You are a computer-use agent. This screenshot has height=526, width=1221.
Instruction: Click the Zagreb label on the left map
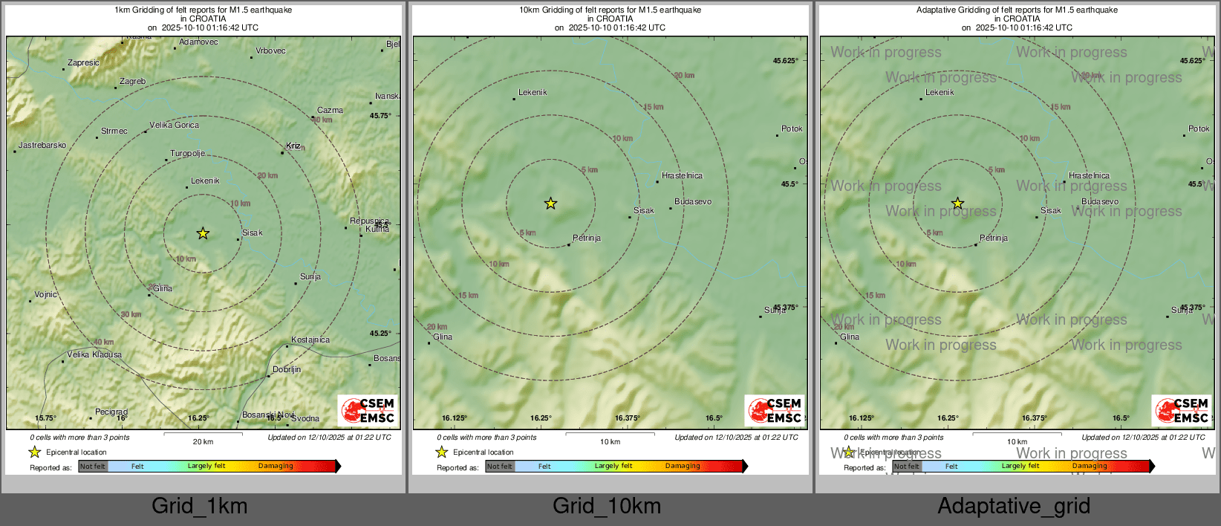click(x=133, y=82)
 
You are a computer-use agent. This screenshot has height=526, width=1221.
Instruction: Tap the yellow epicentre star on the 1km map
click(x=203, y=233)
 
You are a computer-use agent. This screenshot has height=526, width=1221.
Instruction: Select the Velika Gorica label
click(x=175, y=126)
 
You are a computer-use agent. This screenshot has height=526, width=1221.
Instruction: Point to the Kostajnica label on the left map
click(x=310, y=340)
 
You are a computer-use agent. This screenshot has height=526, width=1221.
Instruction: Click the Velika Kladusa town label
click(x=94, y=355)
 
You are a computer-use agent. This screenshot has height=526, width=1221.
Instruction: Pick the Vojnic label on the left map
click(x=45, y=295)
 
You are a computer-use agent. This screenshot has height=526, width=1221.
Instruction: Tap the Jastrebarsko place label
click(x=42, y=146)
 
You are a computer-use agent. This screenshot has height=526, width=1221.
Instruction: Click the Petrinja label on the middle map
click(x=587, y=238)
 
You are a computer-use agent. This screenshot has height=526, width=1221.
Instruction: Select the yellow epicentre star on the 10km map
click(x=550, y=204)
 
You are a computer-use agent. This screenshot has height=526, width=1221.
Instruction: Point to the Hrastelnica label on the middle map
click(x=682, y=176)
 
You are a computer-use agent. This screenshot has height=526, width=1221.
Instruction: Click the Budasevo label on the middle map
click(x=693, y=202)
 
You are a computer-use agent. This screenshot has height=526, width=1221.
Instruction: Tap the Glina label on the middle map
click(x=443, y=337)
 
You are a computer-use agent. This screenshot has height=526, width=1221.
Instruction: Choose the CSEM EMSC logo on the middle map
click(x=775, y=410)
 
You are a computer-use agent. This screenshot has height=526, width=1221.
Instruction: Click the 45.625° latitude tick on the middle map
click(x=786, y=61)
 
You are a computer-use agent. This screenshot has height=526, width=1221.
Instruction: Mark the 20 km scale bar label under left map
click(x=203, y=442)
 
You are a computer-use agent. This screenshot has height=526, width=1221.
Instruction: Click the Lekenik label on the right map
click(x=940, y=93)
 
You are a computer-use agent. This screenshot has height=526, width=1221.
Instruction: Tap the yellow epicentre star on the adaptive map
click(x=957, y=204)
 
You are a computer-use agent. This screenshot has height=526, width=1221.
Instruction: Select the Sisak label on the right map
click(x=1051, y=211)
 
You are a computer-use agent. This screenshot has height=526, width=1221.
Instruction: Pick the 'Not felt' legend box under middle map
click(x=500, y=467)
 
